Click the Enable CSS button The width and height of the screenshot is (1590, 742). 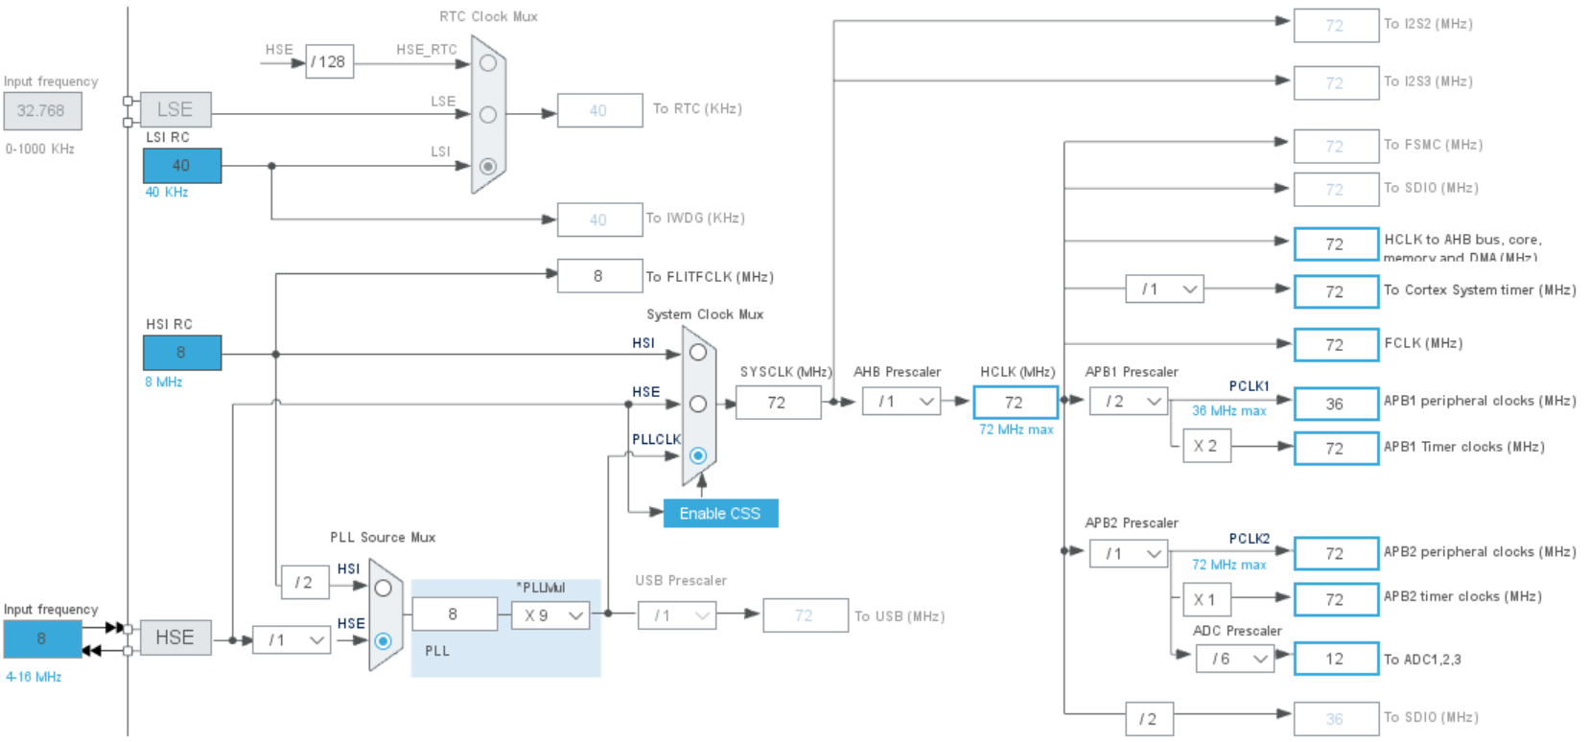point(720,514)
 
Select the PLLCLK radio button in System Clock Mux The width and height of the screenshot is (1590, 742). point(698,455)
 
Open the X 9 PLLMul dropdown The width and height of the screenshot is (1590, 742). point(550,615)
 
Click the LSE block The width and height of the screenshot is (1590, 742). point(175,109)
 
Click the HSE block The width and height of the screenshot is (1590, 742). point(175,638)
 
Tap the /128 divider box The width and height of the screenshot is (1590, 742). point(330,61)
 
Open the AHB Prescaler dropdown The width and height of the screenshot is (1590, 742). point(901,402)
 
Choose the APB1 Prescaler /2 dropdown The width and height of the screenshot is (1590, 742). point(1129,402)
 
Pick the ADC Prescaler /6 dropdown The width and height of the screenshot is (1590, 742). point(1235,659)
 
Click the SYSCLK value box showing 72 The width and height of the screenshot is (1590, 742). point(778,403)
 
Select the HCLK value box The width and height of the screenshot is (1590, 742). point(1015,403)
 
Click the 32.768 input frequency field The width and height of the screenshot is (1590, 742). point(42,111)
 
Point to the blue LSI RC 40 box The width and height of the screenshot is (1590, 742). point(182,166)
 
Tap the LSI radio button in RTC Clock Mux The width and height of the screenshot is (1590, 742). point(488,166)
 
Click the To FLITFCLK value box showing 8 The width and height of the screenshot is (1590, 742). point(599,276)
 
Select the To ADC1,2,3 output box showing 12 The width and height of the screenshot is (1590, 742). point(1336,660)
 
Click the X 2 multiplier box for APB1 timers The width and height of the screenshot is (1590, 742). point(1205,446)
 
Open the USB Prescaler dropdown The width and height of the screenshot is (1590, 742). point(677,615)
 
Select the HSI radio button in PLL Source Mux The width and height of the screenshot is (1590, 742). point(383,588)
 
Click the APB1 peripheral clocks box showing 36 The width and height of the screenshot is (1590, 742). point(1336,405)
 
